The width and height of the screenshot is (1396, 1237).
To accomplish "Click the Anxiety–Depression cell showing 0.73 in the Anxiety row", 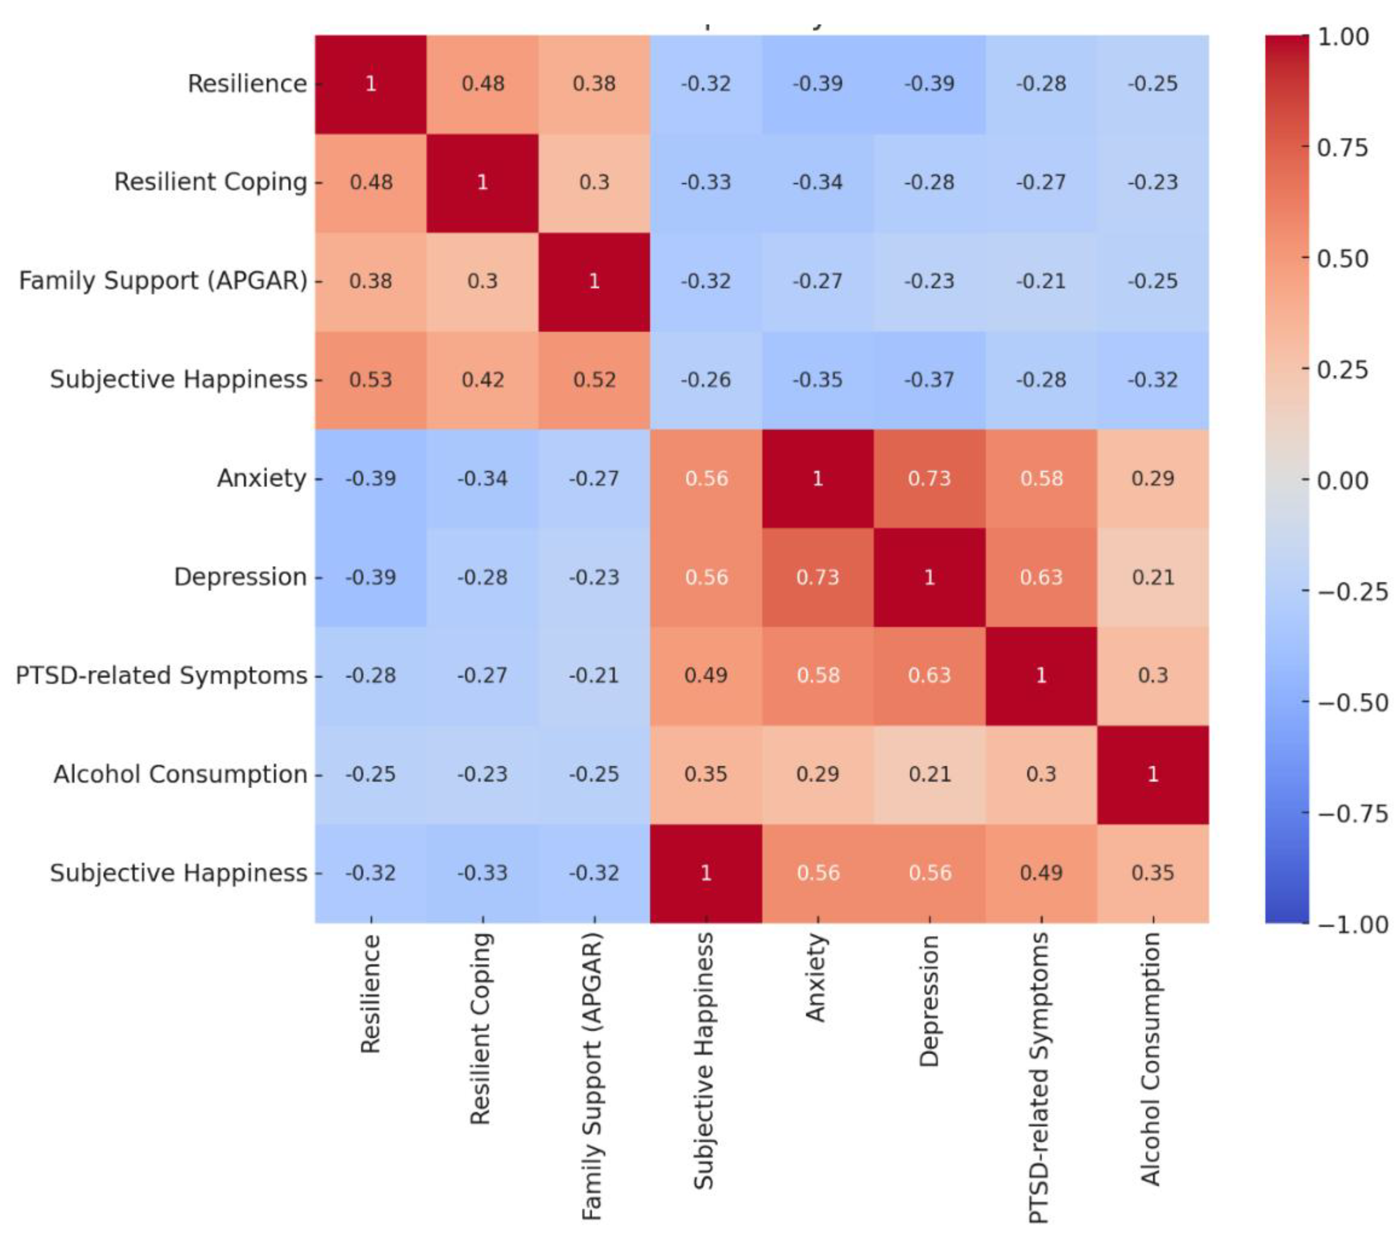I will pyautogui.click(x=929, y=478).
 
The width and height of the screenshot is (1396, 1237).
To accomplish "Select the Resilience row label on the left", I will pyautogui.click(x=247, y=83).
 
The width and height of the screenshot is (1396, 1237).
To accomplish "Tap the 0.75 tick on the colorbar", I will pyautogui.click(x=1342, y=147).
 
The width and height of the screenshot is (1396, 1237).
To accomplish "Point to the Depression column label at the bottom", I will pyautogui.click(x=929, y=1001).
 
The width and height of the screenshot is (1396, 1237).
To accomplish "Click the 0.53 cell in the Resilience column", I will pyautogui.click(x=371, y=380).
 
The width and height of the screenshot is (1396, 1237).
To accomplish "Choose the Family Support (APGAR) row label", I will pyautogui.click(x=162, y=281).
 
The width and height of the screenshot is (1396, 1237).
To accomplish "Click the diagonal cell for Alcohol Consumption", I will pyautogui.click(x=1153, y=774).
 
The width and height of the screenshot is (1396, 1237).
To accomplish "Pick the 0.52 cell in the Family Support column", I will pyautogui.click(x=594, y=380).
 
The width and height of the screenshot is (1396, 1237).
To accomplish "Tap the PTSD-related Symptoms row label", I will pyautogui.click(x=161, y=675).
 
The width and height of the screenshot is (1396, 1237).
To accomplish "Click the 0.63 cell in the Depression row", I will pyautogui.click(x=1041, y=577).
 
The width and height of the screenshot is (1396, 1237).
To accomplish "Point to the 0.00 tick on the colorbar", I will pyautogui.click(x=1342, y=481).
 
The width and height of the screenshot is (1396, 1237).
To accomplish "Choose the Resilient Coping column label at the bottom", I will pyautogui.click(x=482, y=1028).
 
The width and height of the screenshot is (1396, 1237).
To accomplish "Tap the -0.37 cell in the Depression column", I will pyautogui.click(x=929, y=380).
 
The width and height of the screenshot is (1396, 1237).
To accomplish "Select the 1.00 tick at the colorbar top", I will pyautogui.click(x=1342, y=37).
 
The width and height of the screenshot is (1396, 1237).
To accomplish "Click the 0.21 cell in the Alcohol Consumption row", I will pyautogui.click(x=929, y=774).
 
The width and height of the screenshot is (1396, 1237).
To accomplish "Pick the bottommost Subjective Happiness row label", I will pyautogui.click(x=178, y=873).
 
